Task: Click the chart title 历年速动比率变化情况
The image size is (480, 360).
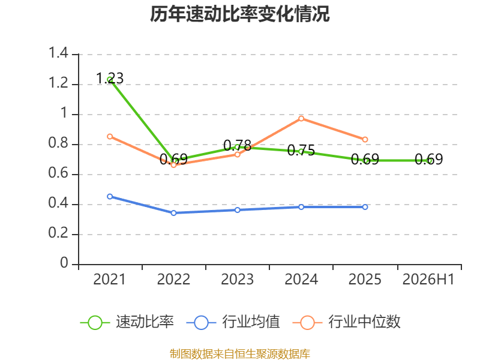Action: click(239, 14)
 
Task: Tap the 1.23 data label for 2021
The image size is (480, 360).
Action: click(110, 78)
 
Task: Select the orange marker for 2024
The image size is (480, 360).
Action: click(301, 118)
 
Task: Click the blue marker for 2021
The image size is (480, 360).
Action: click(110, 197)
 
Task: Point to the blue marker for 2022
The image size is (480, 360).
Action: click(173, 213)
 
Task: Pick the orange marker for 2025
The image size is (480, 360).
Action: click(365, 140)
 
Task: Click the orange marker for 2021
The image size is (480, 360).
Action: click(110, 137)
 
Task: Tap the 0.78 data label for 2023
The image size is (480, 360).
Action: click(238, 145)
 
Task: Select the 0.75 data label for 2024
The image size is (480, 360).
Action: click(301, 150)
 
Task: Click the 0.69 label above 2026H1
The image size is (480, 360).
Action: click(428, 159)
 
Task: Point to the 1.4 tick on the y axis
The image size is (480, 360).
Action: click(58, 53)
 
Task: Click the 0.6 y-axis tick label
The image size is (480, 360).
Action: click(58, 173)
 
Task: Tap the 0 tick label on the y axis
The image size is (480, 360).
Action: click(64, 263)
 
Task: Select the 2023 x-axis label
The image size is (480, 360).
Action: click(238, 279)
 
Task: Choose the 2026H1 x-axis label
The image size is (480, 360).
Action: click(428, 279)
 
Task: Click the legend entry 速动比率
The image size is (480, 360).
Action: click(127, 322)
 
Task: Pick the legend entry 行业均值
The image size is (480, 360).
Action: click(233, 322)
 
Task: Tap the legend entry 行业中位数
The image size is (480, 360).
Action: click(346, 322)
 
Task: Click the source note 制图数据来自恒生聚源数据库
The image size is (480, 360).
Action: click(240, 354)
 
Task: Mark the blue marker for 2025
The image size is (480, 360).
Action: click(365, 207)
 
